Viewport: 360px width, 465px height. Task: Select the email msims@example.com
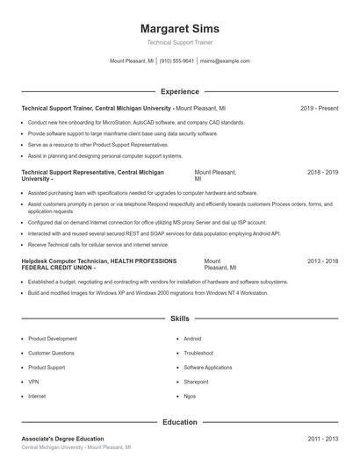225,61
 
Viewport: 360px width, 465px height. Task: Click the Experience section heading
179,91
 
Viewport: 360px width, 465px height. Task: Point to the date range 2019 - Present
319,108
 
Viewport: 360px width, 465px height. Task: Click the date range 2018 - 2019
322,173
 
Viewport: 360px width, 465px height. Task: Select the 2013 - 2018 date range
322,261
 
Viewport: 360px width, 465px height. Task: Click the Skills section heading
179,318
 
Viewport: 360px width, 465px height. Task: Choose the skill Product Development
53,339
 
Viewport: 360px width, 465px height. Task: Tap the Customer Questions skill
52,353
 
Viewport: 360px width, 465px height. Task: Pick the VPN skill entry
33,382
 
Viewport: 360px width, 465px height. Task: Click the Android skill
192,339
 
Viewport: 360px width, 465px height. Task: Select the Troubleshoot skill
198,353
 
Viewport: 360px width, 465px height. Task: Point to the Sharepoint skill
196,382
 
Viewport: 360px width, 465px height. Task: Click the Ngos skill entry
190,396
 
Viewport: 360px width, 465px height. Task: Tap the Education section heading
179,422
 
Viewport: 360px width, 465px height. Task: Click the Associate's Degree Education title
62,439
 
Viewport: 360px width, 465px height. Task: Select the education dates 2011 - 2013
322,439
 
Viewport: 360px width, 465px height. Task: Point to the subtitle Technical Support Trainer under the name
179,42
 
